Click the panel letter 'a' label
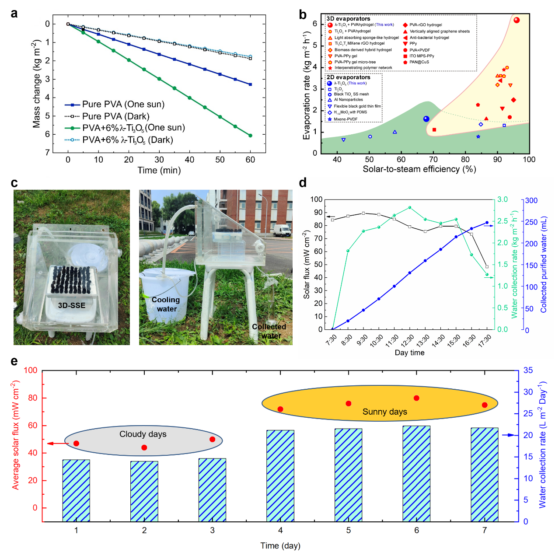click(x=14, y=14)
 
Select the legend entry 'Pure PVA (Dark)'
click(x=115, y=116)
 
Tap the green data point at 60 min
click(x=250, y=136)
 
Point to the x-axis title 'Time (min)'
click(x=159, y=170)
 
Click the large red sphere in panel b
click(x=517, y=20)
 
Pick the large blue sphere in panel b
click(x=426, y=119)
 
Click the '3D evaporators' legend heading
click(x=348, y=19)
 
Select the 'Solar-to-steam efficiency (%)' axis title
click(x=419, y=169)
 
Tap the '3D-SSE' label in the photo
click(x=72, y=305)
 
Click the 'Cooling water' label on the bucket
click(x=166, y=304)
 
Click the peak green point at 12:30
click(x=410, y=207)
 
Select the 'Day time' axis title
click(x=409, y=353)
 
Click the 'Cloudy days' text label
click(x=143, y=434)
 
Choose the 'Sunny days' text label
click(x=384, y=412)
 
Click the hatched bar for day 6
click(x=416, y=473)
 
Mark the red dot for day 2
click(x=144, y=447)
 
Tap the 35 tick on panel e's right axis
click(x=528, y=370)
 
